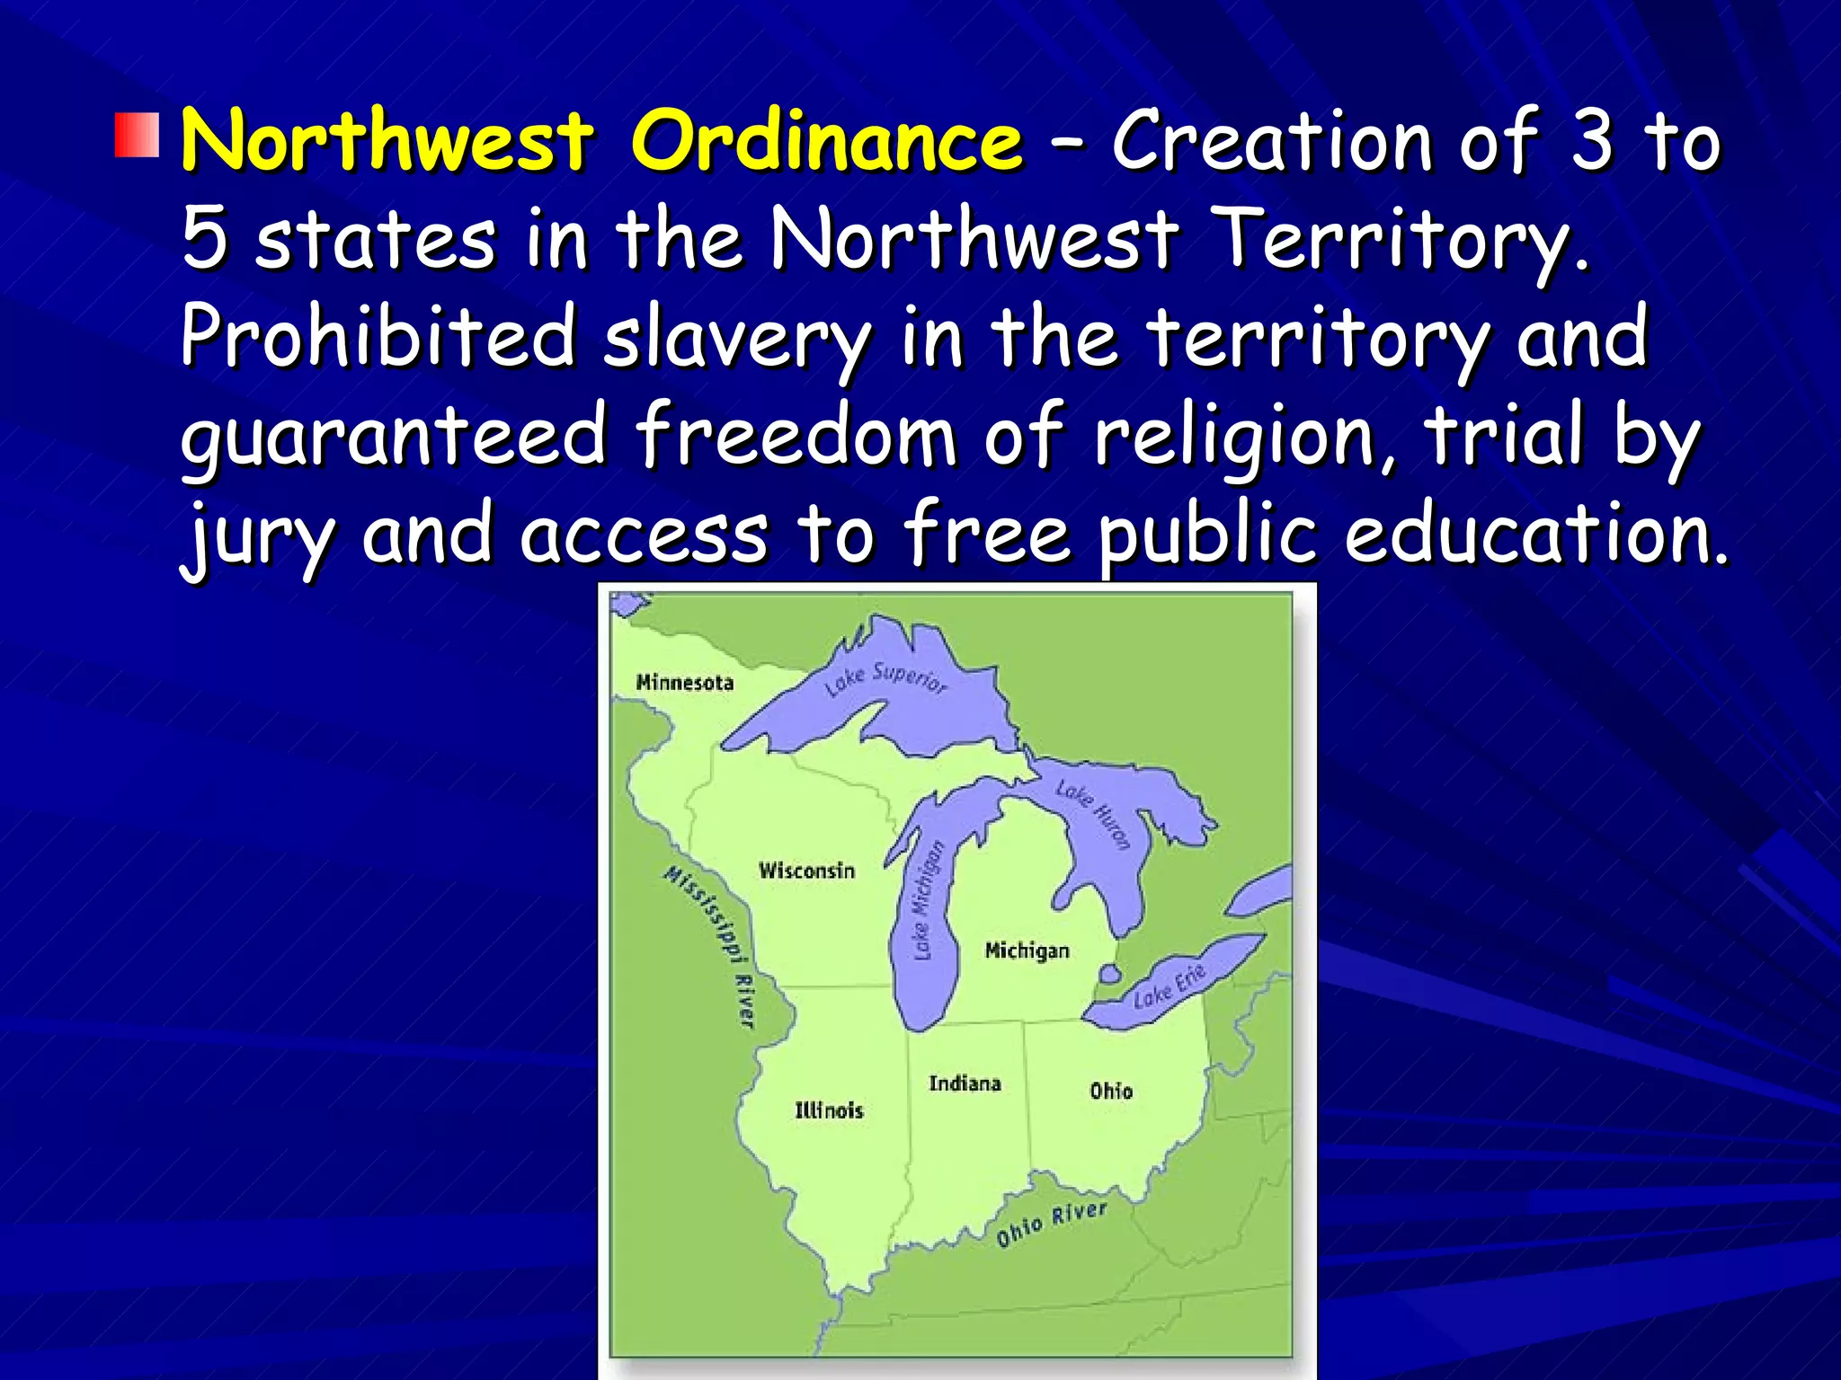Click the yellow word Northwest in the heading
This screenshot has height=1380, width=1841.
click(387, 141)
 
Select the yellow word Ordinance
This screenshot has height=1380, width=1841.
click(826, 141)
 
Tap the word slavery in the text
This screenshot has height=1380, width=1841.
click(736, 339)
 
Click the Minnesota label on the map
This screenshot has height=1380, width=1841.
click(685, 683)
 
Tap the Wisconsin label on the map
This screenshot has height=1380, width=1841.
click(806, 871)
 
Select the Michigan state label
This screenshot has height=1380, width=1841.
click(1027, 951)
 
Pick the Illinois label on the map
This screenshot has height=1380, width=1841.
click(829, 1110)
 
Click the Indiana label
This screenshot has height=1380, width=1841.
click(965, 1084)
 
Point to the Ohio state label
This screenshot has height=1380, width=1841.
click(1111, 1091)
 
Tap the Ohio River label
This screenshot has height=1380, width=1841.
click(1051, 1224)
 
